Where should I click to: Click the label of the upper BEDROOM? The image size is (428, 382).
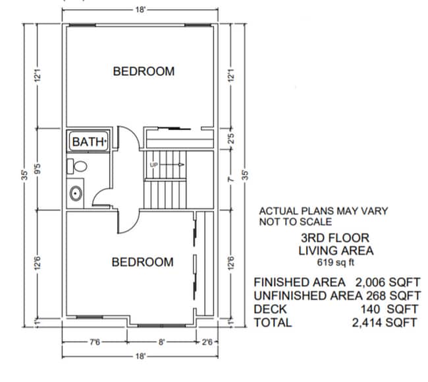[x=144, y=71]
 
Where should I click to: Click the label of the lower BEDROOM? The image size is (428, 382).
[x=142, y=262]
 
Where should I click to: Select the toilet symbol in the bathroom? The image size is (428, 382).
[x=76, y=166]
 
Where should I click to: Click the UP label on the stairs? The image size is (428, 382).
[x=154, y=164]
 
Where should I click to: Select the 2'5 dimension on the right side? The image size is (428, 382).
[x=231, y=141]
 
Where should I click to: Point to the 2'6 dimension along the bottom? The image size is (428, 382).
[x=207, y=342]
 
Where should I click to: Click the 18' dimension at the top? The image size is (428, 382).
[x=141, y=9]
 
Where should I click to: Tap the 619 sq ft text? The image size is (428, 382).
[x=335, y=263]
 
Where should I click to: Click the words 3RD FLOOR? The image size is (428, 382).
[x=335, y=238]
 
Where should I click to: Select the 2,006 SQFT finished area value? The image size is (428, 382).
[x=387, y=282]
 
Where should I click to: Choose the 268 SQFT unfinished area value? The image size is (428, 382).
[x=391, y=295]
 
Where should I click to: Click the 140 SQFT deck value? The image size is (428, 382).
[x=390, y=309]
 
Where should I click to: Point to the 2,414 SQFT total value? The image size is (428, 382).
[x=385, y=322]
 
